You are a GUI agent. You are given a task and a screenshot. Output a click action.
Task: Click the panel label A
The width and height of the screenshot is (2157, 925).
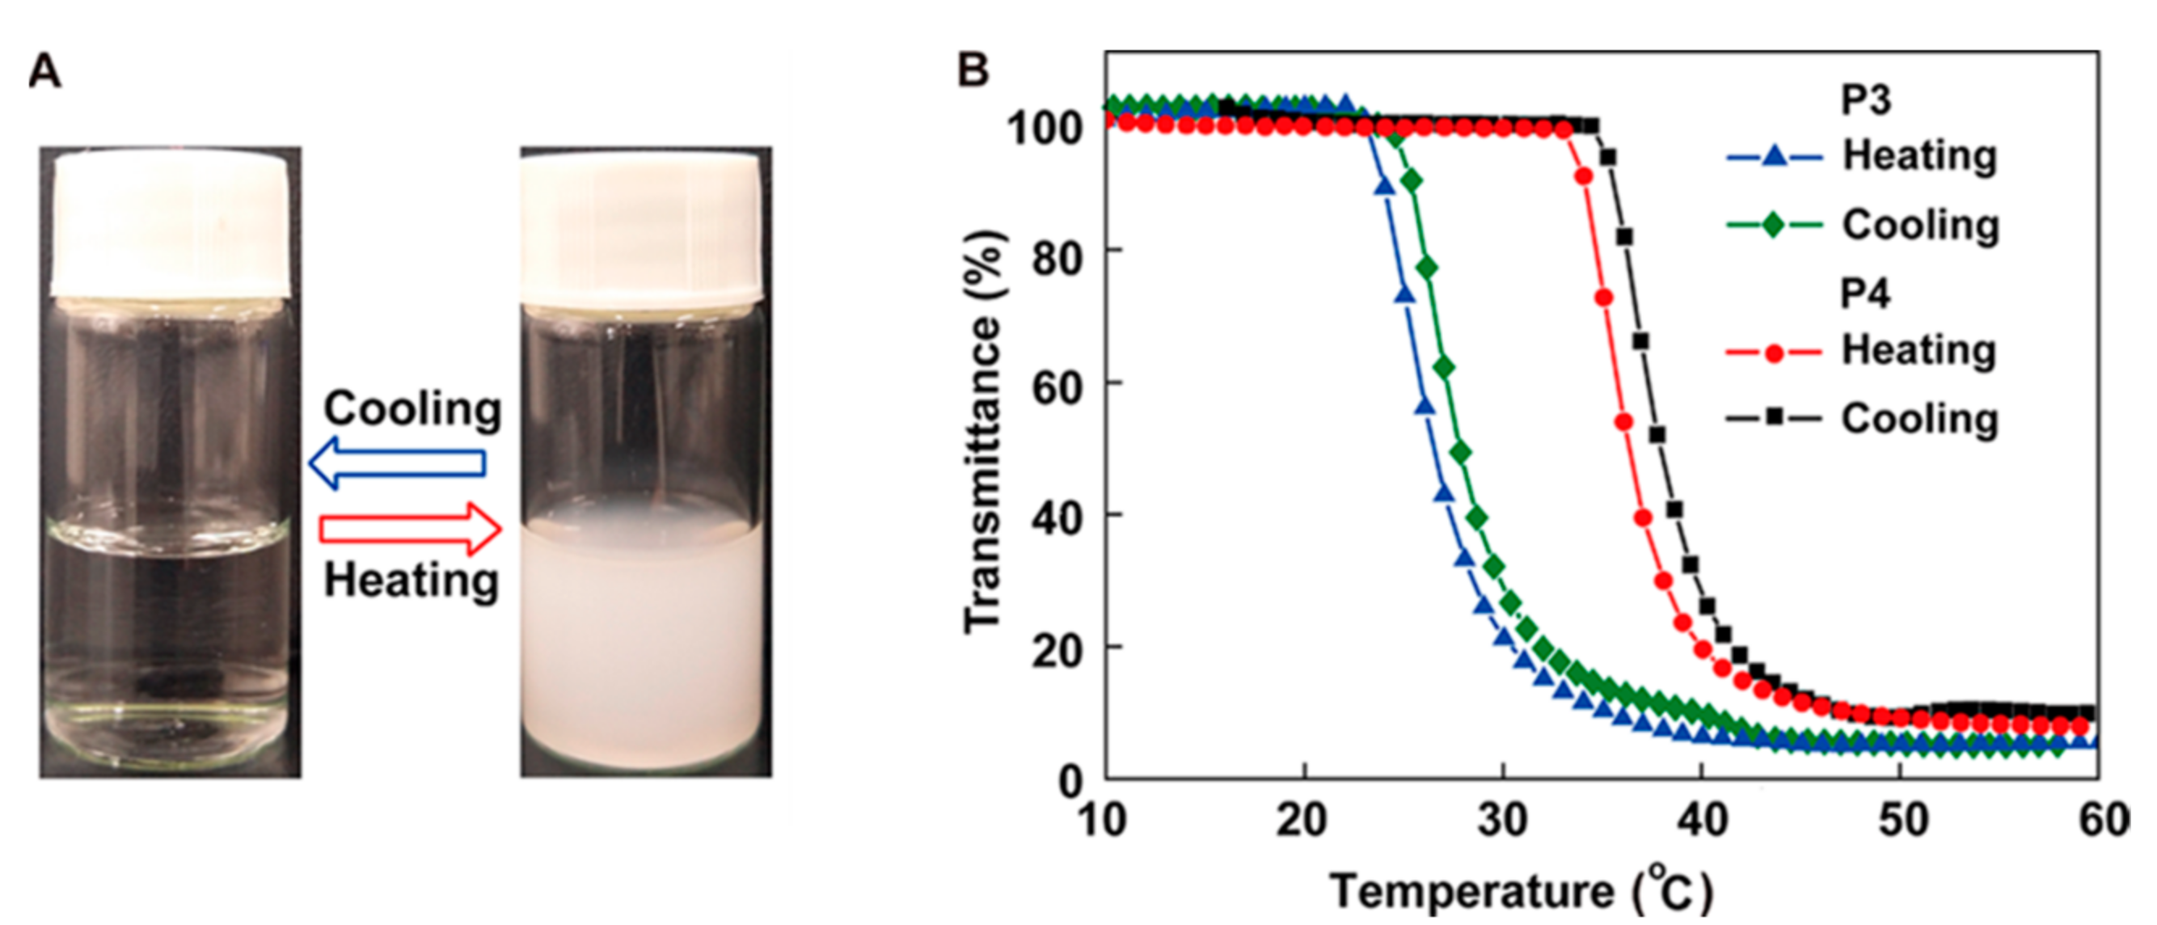(45, 72)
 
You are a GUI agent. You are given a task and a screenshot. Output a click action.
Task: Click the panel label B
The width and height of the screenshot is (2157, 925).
(973, 70)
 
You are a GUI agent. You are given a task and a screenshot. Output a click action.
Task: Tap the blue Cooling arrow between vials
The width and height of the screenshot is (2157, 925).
(397, 462)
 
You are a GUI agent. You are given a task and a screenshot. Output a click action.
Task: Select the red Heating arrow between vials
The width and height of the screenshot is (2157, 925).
(411, 529)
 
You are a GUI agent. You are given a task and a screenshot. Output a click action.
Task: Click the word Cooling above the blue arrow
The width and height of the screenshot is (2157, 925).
(413, 409)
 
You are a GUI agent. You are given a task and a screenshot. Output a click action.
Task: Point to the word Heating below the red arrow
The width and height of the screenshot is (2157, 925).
(412, 580)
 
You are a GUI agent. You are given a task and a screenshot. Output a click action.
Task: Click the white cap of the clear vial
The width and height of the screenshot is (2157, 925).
(171, 226)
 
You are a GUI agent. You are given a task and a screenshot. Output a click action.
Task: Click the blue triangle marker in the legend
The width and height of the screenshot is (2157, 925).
(1774, 156)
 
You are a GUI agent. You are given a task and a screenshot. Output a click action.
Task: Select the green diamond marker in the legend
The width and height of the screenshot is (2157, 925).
(1774, 225)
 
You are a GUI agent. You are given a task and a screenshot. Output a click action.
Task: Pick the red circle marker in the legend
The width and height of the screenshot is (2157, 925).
(1774, 353)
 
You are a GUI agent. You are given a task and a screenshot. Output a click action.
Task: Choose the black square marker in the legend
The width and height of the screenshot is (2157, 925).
(1774, 418)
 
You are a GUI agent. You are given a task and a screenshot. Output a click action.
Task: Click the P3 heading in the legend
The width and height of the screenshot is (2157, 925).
(1866, 100)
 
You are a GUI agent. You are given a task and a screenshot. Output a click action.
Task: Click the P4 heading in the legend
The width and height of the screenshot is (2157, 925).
(1866, 294)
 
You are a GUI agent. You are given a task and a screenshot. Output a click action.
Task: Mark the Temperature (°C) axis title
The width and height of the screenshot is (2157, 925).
(1521, 891)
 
